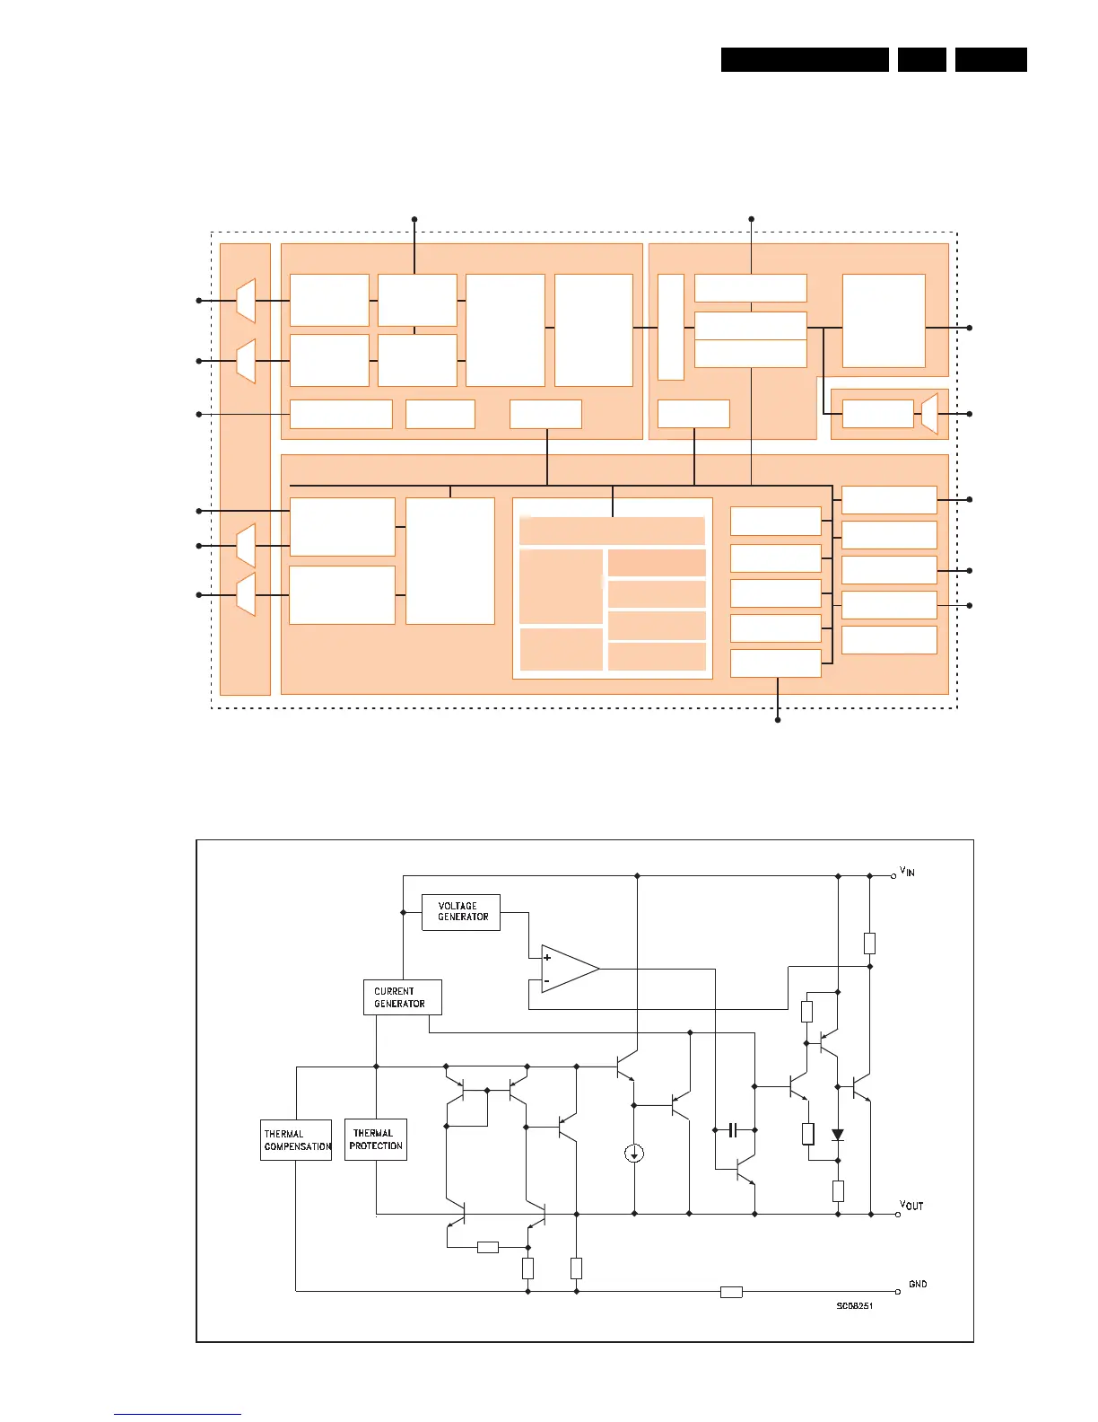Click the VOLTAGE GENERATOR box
pos(461,912)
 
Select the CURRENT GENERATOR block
pos(402,997)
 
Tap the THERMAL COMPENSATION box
pos(296,1140)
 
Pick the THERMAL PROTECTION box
pos(376,1139)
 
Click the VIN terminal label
pos(908,872)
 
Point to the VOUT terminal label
pos(912,1206)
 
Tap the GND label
pos(918,1284)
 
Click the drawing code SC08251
pos(855,1305)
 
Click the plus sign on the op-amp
pos(547,958)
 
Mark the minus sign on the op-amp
pos(546,981)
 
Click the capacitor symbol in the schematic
pos(733,1130)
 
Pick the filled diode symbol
pos(838,1136)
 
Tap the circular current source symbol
pos(634,1153)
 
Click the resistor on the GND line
pos(731,1292)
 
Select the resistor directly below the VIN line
pos(869,943)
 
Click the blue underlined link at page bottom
pos(178,1415)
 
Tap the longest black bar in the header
pos(805,59)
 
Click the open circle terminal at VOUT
pos(897,1215)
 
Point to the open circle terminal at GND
pos(897,1292)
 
